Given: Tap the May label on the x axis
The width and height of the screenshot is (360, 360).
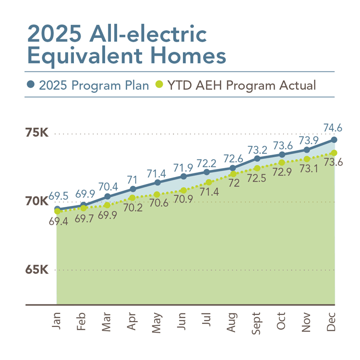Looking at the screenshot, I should (157, 322).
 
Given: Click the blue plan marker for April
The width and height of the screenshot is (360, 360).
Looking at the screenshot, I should (132, 189).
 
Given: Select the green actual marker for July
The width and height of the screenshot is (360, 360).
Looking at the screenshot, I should (208, 182).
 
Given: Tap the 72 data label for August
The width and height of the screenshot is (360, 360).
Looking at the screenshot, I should (234, 182).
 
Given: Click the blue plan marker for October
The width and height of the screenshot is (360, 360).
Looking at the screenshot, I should (282, 154).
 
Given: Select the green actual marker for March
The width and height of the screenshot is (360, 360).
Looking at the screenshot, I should (107, 205).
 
